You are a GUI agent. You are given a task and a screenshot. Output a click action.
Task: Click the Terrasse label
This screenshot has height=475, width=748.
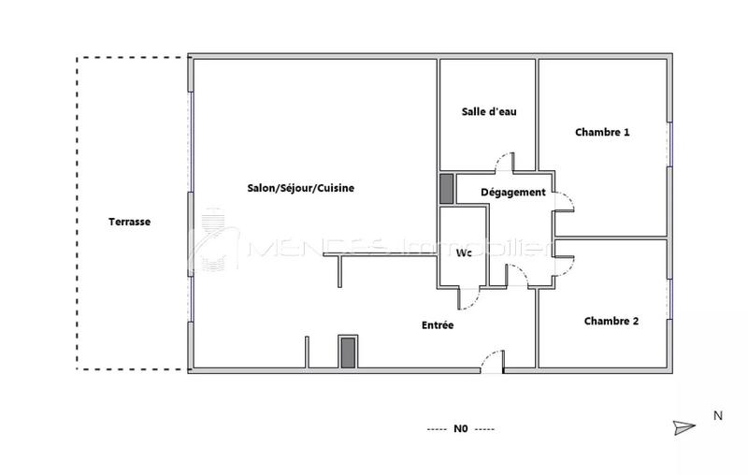point(129,222)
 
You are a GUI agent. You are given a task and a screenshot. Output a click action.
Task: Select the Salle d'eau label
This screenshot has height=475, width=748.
point(489,111)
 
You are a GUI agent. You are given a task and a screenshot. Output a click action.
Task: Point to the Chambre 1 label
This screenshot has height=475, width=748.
point(601,133)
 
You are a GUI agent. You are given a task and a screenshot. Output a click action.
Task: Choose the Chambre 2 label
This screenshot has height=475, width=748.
point(611,321)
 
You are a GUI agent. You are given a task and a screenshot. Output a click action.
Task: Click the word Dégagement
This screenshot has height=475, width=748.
point(512,193)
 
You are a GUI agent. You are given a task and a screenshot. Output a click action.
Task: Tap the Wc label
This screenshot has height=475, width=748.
point(463,253)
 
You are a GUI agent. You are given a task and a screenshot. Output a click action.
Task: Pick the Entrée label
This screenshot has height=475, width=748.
point(438,325)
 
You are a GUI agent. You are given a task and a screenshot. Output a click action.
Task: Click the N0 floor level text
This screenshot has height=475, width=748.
point(460,429)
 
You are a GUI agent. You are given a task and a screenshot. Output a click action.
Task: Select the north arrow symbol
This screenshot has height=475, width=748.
point(684,427)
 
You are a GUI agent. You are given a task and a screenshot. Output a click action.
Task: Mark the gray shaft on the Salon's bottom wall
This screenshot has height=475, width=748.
point(348,353)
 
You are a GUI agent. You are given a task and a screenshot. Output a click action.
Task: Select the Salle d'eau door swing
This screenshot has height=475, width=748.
point(505,162)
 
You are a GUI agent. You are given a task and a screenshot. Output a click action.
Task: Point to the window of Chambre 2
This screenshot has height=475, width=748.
point(670,299)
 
